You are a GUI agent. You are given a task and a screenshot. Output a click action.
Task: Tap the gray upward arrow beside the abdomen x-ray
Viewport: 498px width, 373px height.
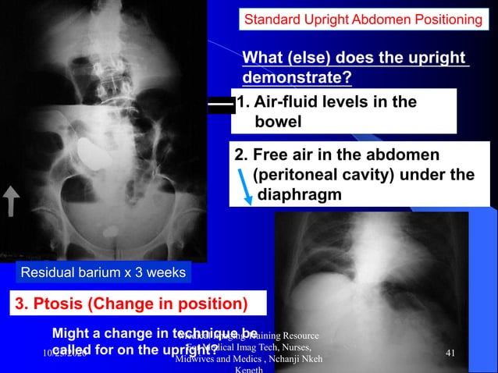click(13, 202)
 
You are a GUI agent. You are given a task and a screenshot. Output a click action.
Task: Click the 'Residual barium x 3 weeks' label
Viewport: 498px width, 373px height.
click(98, 272)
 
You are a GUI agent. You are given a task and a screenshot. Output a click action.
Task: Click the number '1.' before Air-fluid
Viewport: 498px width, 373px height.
click(243, 102)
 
